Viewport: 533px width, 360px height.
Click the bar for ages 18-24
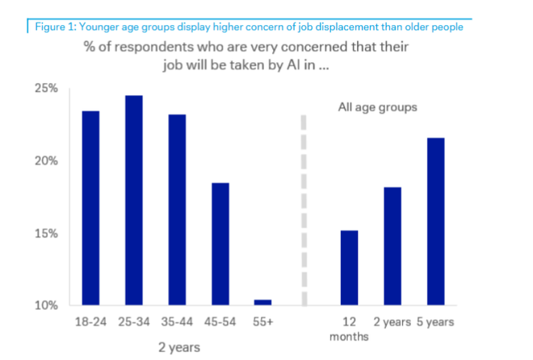click(90, 208)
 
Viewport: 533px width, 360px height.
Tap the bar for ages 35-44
click(177, 210)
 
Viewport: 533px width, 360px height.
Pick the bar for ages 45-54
click(220, 244)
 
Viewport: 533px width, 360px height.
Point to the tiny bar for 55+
click(263, 303)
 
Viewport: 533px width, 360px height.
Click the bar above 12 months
click(349, 268)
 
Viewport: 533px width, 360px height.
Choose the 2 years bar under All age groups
click(392, 246)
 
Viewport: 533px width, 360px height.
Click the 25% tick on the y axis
click(45, 88)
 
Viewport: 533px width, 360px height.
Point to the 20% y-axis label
click(45, 161)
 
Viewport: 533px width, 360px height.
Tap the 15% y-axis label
click(45, 233)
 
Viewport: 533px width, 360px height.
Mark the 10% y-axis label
click(45, 306)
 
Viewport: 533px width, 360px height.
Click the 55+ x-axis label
click(263, 322)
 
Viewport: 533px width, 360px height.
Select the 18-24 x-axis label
click(90, 322)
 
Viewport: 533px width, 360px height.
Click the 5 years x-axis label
click(436, 322)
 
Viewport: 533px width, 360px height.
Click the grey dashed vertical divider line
click(304, 210)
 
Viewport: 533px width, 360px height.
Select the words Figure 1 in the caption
click(54, 27)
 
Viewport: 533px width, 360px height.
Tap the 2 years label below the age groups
click(178, 347)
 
